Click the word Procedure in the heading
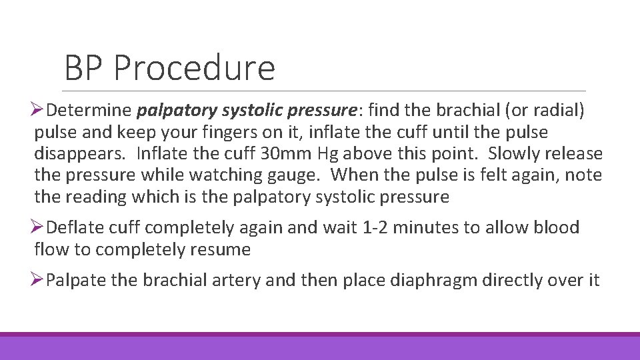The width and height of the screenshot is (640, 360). (194, 69)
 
